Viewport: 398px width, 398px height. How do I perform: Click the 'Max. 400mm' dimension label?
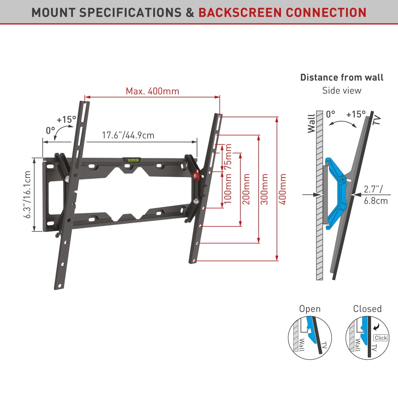[152, 91]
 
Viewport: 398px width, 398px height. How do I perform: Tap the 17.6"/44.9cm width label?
[128, 135]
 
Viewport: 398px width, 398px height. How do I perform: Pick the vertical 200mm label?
[246, 189]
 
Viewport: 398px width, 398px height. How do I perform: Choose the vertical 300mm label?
[264, 189]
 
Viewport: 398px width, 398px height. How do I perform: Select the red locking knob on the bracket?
[195, 174]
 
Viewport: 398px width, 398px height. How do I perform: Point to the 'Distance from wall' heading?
[342, 77]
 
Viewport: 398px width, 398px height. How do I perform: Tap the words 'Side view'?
[342, 90]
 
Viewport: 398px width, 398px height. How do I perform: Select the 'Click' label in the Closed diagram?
[380, 338]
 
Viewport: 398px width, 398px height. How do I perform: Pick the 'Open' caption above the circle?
[310, 309]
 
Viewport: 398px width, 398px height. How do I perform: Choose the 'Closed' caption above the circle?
[367, 309]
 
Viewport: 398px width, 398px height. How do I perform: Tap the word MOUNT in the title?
[53, 12]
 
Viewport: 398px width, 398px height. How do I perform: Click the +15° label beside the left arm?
[66, 119]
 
